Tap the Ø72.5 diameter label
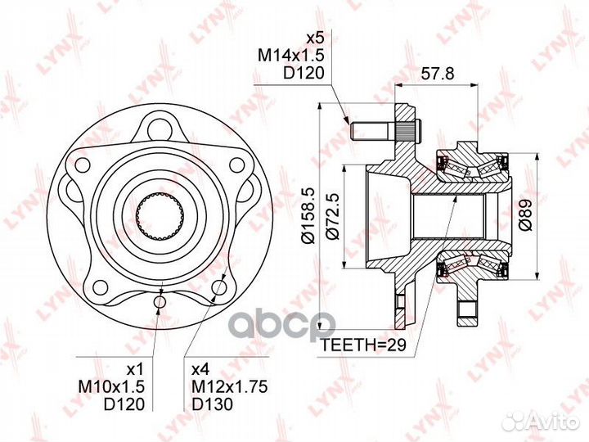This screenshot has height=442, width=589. tap(332, 214)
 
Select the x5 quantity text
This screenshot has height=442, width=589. tap(315, 38)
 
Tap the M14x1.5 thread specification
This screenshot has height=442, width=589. tap(292, 55)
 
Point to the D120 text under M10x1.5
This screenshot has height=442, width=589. tap(127, 404)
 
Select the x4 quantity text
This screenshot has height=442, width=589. tap(200, 369)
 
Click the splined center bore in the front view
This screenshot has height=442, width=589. tap(160, 214)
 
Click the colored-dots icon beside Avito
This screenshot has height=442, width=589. tap(514, 420)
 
